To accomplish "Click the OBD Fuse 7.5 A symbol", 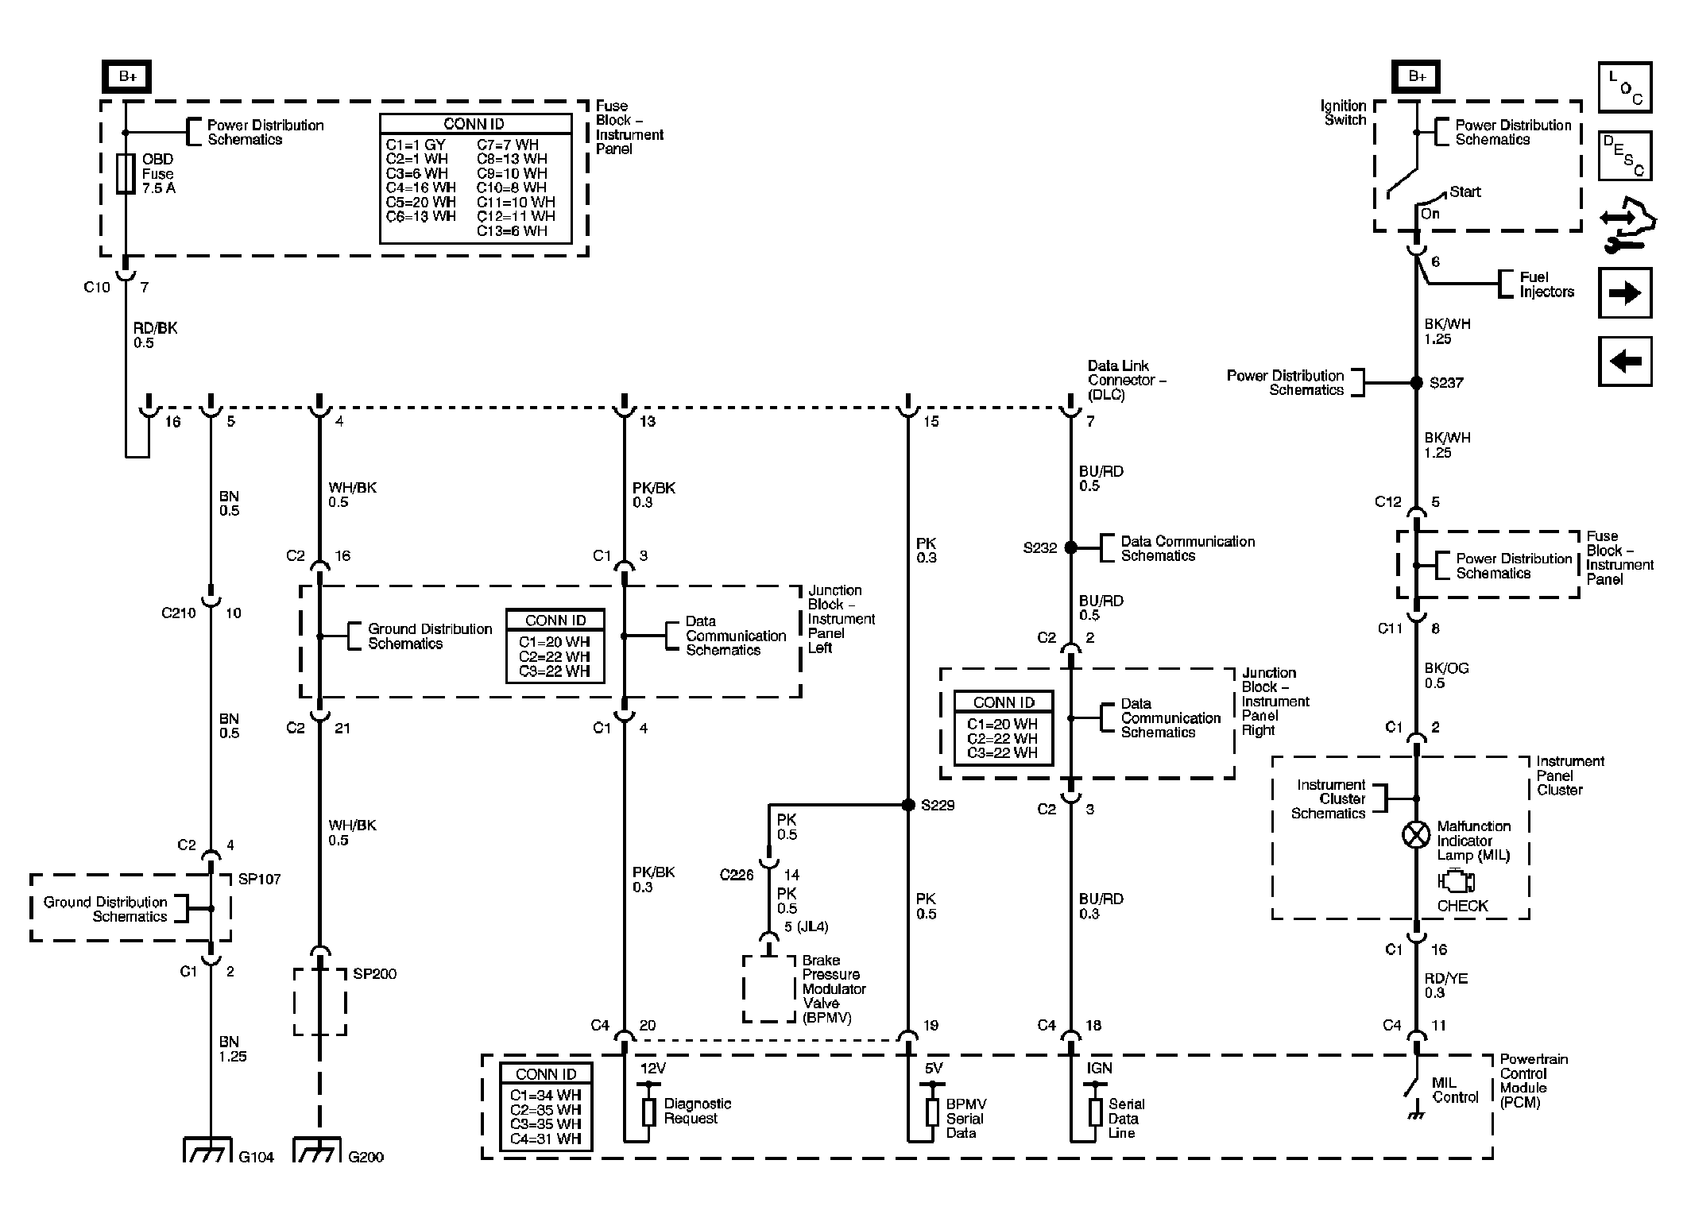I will pyautogui.click(x=125, y=173).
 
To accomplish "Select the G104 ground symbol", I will pyautogui.click(x=208, y=1150).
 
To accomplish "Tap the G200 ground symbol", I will pyautogui.click(x=318, y=1150).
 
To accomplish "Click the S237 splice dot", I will pyautogui.click(x=1416, y=382).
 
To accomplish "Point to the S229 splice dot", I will pyautogui.click(x=908, y=805).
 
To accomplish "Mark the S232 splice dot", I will pyautogui.click(x=1070, y=547).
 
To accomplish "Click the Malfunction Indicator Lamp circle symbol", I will pyautogui.click(x=1416, y=835).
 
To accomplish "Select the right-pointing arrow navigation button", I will pyautogui.click(x=1625, y=293).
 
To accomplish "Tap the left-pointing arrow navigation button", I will pyautogui.click(x=1625, y=362).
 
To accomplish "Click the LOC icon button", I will pyautogui.click(x=1625, y=88).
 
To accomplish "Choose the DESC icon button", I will pyautogui.click(x=1625, y=156).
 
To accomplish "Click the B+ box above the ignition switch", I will pyautogui.click(x=1416, y=77).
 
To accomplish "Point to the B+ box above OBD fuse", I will pyautogui.click(x=126, y=77).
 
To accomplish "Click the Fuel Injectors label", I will pyautogui.click(x=1546, y=284).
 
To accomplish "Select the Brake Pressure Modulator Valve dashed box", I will pyautogui.click(x=768, y=988).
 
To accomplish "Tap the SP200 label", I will pyautogui.click(x=374, y=974).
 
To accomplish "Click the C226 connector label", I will pyautogui.click(x=736, y=875).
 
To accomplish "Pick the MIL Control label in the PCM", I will pyautogui.click(x=1455, y=1090).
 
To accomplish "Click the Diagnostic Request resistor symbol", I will pyautogui.click(x=648, y=1112).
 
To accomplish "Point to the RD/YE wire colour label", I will pyautogui.click(x=1445, y=979).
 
